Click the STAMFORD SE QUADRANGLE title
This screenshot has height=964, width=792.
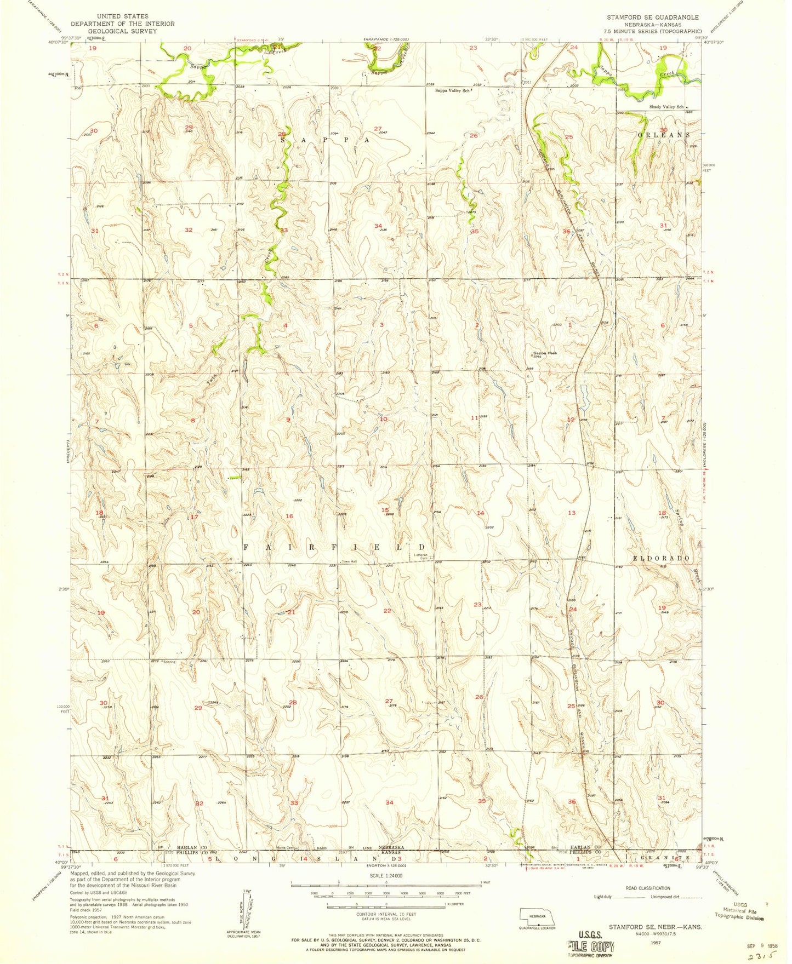pos(652,17)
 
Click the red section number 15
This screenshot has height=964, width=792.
pos(385,510)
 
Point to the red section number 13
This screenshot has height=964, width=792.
pos(572,513)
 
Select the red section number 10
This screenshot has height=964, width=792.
pos(384,419)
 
